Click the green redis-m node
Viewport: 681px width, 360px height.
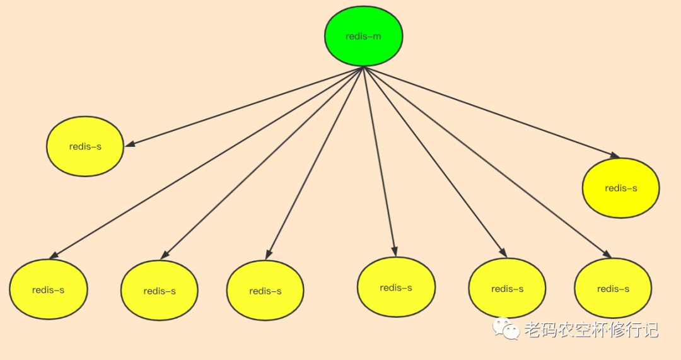[x=364, y=36]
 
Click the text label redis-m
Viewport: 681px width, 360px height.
[x=363, y=36]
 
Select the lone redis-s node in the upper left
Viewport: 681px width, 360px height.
[x=85, y=146]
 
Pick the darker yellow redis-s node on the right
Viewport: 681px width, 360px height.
[x=620, y=188]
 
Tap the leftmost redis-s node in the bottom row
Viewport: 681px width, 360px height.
[x=49, y=289]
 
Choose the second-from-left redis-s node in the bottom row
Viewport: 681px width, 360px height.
[x=160, y=291]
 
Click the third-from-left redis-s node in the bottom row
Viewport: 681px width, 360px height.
[x=265, y=291]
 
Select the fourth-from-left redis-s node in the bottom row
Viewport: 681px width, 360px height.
[x=396, y=287]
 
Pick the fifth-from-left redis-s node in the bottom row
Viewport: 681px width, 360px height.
[x=507, y=288]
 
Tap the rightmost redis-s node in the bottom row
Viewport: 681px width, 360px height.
[x=613, y=288]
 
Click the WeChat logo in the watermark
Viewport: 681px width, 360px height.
[x=506, y=328]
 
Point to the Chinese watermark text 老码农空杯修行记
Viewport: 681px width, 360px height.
[x=591, y=329]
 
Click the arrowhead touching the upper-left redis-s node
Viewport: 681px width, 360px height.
[x=129, y=145]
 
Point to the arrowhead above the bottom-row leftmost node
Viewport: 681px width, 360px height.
[x=54, y=255]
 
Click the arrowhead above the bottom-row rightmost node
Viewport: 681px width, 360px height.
[x=607, y=254]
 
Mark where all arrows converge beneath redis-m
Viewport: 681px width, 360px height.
[x=364, y=67]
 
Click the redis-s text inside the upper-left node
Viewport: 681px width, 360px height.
[x=85, y=146]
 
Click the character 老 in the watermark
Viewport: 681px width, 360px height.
[x=532, y=329]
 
